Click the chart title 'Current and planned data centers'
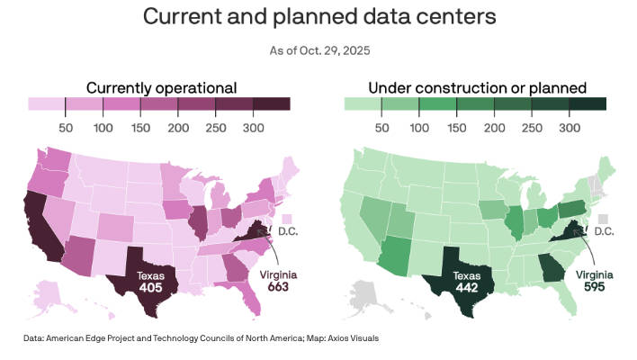[318, 17]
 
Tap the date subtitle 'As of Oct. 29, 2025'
[318, 51]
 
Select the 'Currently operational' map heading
[161, 87]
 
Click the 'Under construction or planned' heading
[477, 87]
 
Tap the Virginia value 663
[281, 286]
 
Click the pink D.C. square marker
[287, 219]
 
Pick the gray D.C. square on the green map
[603, 219]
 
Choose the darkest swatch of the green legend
[588, 103]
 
